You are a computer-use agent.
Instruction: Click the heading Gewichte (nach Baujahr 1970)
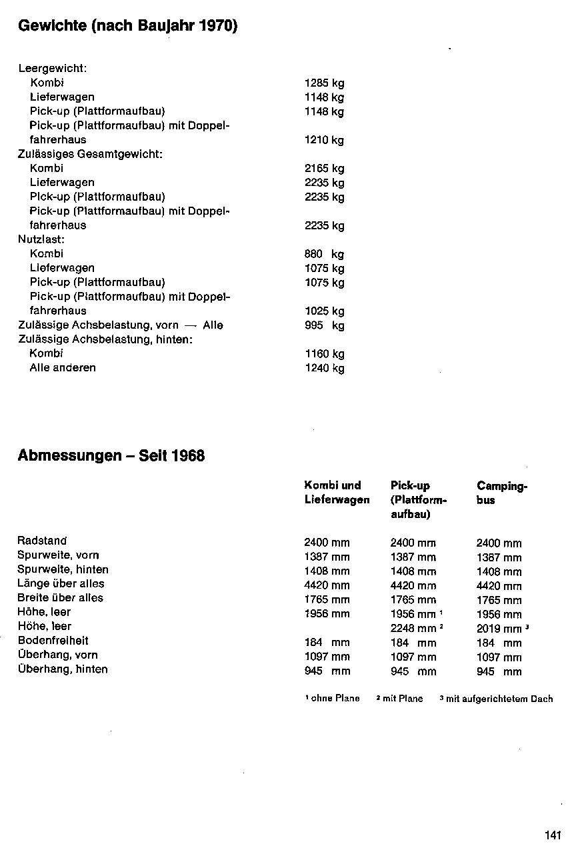tap(128, 27)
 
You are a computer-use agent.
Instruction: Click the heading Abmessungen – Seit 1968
tap(111, 456)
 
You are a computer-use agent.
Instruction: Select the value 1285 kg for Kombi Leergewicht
tap(324, 83)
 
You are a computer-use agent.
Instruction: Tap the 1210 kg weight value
tap(324, 140)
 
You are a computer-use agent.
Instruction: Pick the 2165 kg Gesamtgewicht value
tap(324, 169)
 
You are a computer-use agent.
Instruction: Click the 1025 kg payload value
tap(324, 311)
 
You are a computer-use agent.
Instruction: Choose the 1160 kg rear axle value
tap(324, 354)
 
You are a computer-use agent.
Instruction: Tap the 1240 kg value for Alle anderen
tap(324, 368)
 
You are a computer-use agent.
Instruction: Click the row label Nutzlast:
tap(41, 239)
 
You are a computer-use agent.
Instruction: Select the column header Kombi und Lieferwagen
tap(337, 493)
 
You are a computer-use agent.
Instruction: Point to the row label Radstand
tap(42, 541)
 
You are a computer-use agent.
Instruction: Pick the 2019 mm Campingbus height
tap(499, 629)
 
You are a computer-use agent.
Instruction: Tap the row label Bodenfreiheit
tap(53, 641)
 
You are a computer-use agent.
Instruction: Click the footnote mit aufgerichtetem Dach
tap(499, 699)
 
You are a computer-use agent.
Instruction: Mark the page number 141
tap(553, 835)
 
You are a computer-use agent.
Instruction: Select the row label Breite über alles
tap(60, 597)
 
